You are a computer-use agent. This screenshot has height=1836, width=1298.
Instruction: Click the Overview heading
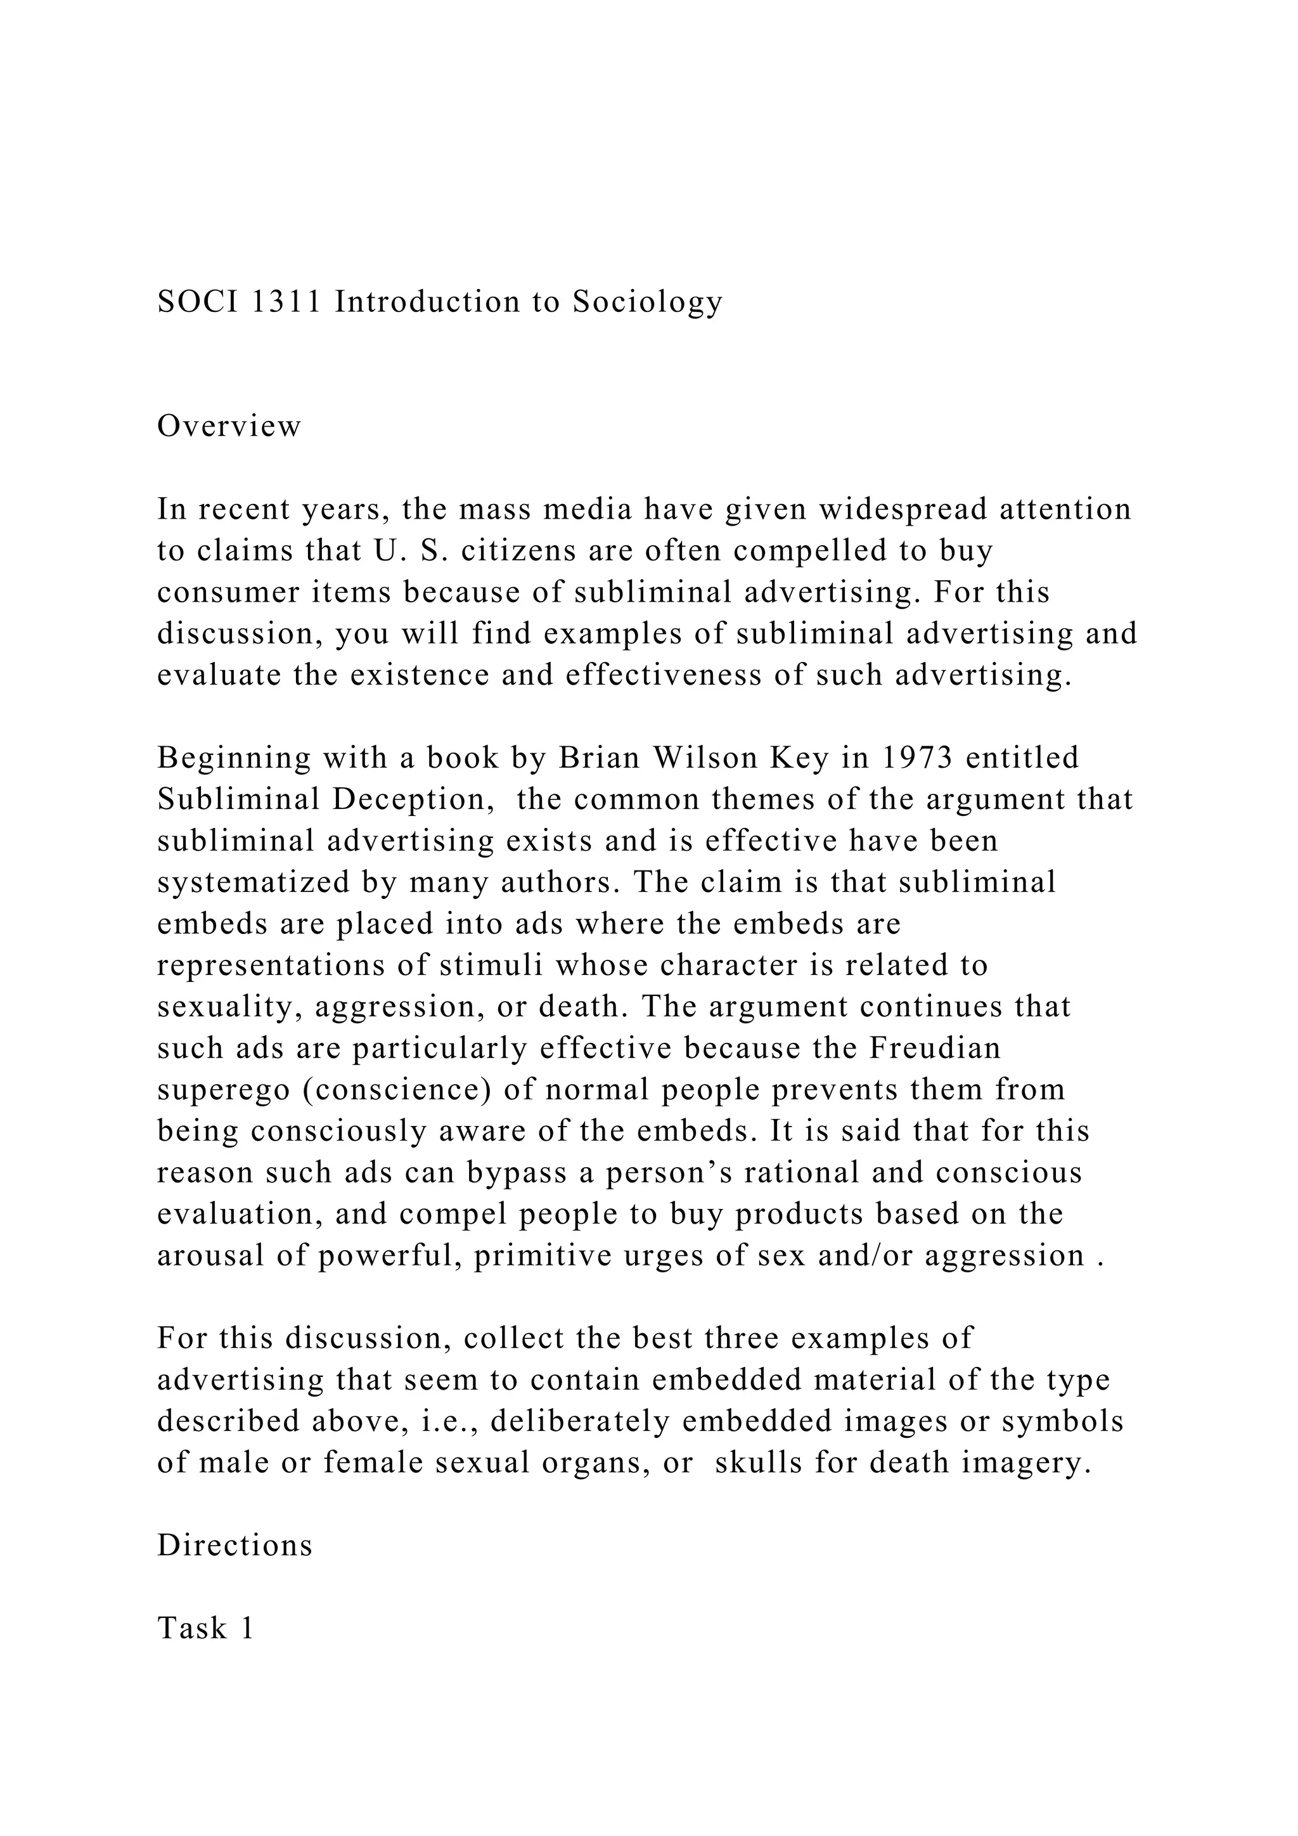point(229,426)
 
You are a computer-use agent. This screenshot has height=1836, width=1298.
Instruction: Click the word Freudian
point(934,1049)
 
